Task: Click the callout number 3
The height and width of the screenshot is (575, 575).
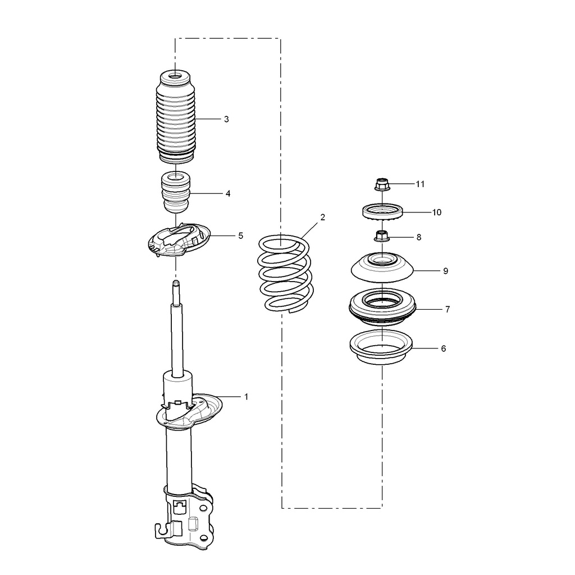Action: [x=226, y=119]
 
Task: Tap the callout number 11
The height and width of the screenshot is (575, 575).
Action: [x=420, y=184]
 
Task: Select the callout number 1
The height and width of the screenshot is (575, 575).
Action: [x=246, y=396]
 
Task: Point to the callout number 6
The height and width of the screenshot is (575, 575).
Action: [x=443, y=348]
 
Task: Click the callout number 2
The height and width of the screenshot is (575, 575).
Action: [x=323, y=217]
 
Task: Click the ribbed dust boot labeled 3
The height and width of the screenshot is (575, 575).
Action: [x=176, y=118]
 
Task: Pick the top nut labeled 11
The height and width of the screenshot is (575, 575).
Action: [x=382, y=184]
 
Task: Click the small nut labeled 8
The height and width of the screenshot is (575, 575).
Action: [x=382, y=237]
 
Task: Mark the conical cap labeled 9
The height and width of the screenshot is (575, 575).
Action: [x=382, y=268]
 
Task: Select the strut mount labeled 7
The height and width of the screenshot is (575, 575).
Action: [x=382, y=308]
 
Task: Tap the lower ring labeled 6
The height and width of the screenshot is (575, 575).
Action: [x=382, y=348]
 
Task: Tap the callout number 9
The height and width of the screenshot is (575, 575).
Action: [x=445, y=271]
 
